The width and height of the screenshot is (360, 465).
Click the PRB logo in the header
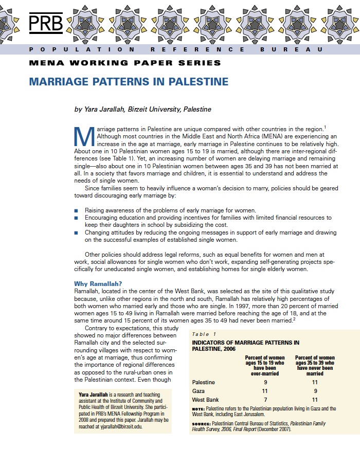click(46, 23)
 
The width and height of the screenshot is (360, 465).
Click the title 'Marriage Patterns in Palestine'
click(129, 82)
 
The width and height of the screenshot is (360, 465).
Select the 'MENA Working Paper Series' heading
click(125, 63)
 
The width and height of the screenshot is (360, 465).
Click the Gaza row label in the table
click(199, 391)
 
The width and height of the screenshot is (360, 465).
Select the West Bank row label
click(205, 400)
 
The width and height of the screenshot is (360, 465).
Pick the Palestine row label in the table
click(203, 382)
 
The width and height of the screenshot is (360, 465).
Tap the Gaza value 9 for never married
click(315, 391)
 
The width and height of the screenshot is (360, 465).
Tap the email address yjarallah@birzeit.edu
click(114, 426)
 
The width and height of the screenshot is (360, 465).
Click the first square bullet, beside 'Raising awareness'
click(76, 211)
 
